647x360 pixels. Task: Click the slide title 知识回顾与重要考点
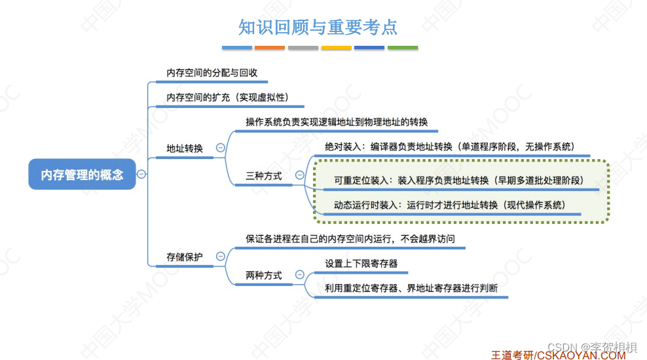tap(318, 27)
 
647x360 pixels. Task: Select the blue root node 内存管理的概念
tap(82, 175)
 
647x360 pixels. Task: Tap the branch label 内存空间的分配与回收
tap(212, 73)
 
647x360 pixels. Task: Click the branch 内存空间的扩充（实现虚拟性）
tap(227, 98)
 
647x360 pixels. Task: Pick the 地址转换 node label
tap(185, 149)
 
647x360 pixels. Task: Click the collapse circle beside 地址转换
tap(221, 148)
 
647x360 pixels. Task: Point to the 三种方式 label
tap(264, 176)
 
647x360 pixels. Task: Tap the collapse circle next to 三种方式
tap(300, 175)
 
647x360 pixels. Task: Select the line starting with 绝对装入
tap(449, 147)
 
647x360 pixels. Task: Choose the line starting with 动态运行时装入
tap(449, 205)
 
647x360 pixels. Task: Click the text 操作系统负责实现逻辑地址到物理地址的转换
tap(337, 122)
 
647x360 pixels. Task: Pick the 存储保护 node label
tap(185, 257)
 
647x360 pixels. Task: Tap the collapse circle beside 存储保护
tap(221, 257)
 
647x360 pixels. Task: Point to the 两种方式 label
tap(264, 276)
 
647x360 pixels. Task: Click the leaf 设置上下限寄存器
tap(361, 264)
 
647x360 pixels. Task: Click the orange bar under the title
tap(270, 48)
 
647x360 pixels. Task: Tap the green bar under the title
tap(403, 48)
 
